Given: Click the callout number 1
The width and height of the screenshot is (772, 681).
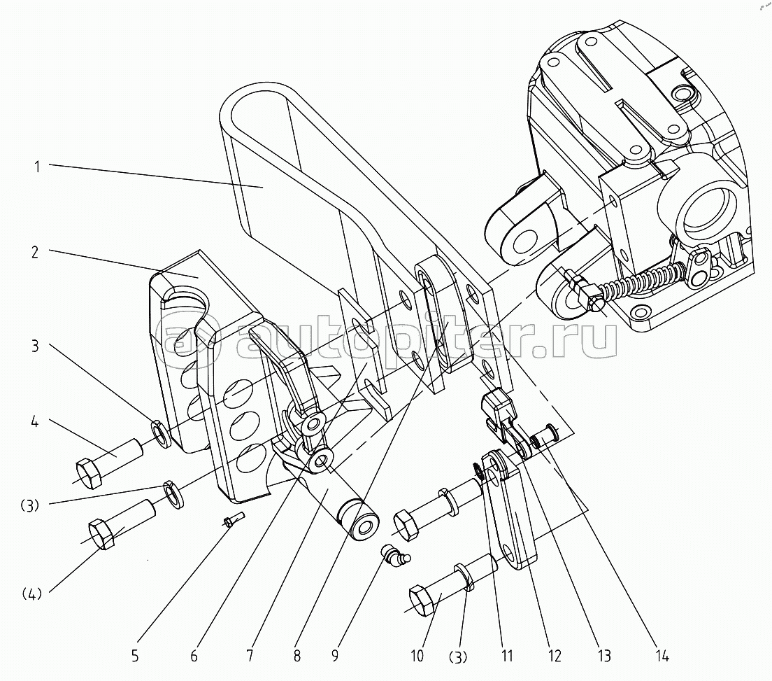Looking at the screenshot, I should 37,166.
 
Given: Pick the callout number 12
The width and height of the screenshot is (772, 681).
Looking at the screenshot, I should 555,656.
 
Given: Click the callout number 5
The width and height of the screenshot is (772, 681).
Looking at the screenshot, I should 135,656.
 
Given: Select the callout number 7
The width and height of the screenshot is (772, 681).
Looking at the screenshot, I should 250,656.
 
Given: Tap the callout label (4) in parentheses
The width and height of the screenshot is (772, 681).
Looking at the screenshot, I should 31,595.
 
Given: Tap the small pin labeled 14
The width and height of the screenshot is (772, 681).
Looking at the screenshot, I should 542,439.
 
